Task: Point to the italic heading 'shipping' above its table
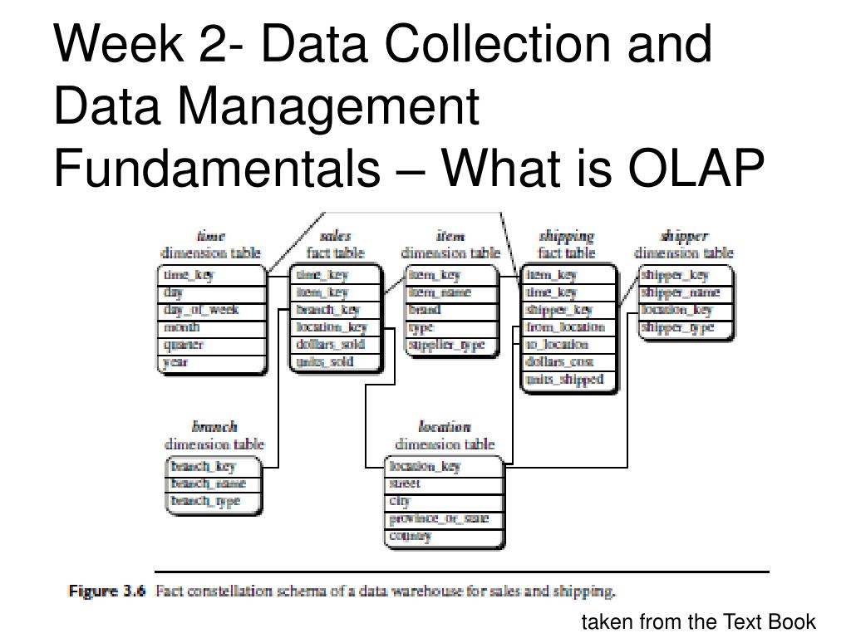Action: coord(567,237)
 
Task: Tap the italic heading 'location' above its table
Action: coord(445,427)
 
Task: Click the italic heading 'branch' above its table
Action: coord(214,427)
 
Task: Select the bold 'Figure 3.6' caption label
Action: coord(107,592)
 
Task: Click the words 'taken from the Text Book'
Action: coord(698,622)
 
